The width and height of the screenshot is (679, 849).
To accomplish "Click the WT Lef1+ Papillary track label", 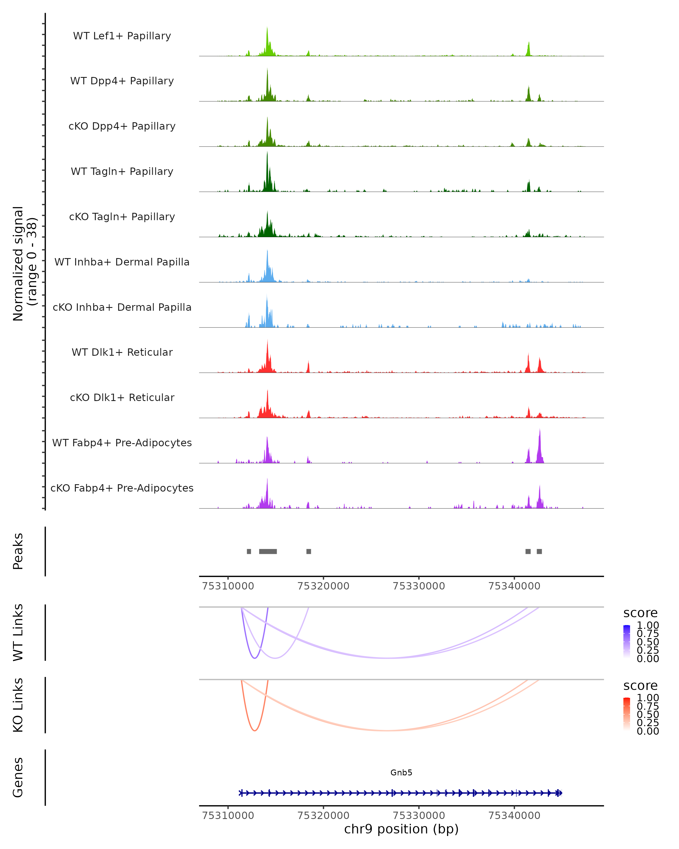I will pyautogui.click(x=122, y=36).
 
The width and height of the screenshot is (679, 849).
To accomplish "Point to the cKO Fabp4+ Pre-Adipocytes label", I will pyautogui.click(x=122, y=488).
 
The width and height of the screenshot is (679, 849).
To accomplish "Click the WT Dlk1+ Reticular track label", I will pyautogui.click(x=122, y=352).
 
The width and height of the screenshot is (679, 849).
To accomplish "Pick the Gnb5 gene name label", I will pyautogui.click(x=401, y=773).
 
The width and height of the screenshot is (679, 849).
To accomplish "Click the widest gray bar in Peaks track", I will pyautogui.click(x=268, y=551).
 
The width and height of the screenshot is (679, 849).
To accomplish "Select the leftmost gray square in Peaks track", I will pyautogui.click(x=249, y=551).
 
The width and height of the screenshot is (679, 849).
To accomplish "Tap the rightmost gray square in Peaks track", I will pyautogui.click(x=539, y=551).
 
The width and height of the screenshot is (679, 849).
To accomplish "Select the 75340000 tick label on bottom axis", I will pyautogui.click(x=514, y=816).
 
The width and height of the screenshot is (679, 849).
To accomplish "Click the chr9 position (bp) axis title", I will pyautogui.click(x=401, y=829).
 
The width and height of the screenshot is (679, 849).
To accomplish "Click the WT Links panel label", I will pyautogui.click(x=18, y=633).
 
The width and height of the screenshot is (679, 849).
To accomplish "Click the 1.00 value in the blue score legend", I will pyautogui.click(x=648, y=625).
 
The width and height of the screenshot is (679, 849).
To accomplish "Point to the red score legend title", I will pyautogui.click(x=641, y=686).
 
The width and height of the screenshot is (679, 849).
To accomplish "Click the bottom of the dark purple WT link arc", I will pyautogui.click(x=255, y=658).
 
